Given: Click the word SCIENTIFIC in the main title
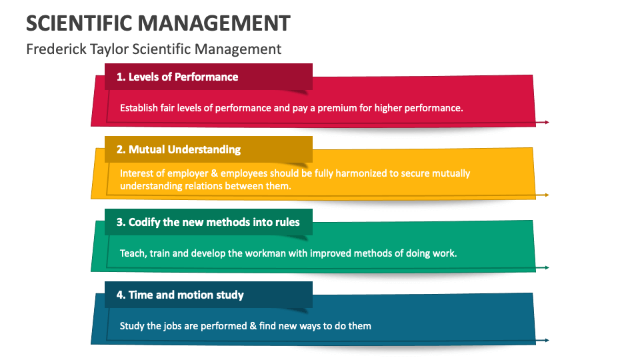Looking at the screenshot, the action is click(79, 23).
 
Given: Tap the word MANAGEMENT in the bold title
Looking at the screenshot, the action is click(214, 23).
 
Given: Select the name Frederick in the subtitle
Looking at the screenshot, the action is click(56, 49).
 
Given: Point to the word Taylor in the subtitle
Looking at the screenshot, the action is click(109, 49).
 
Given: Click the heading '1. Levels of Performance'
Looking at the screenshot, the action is click(177, 77).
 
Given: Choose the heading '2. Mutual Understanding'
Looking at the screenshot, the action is click(179, 149).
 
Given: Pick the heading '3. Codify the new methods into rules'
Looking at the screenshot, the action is click(208, 222).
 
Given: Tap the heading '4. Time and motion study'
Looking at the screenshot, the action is click(180, 295).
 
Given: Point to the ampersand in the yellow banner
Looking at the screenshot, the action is click(215, 173).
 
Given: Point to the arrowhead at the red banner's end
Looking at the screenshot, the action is click(547, 122).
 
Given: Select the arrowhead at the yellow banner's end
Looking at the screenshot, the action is click(547, 195).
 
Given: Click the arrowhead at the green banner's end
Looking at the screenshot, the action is click(547, 267).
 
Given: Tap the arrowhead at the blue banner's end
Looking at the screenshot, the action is click(547, 340).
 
